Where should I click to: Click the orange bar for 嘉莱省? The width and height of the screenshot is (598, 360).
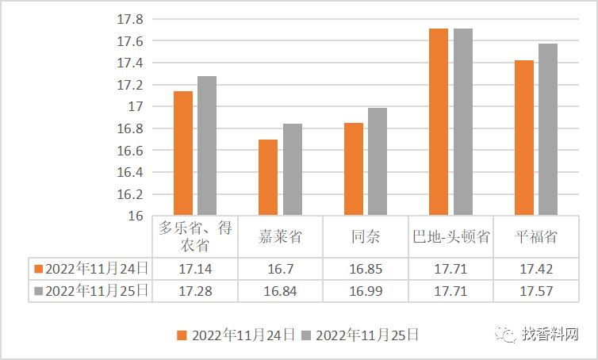pos(268,178)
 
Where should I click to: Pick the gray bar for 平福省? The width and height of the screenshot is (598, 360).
pos(548,129)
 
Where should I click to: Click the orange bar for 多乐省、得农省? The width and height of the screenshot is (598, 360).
pos(183,154)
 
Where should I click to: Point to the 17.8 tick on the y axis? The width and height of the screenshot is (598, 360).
pos(132,18)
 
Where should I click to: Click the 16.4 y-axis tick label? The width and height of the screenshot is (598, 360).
pos(132,172)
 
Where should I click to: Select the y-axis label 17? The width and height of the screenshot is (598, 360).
pos(136,106)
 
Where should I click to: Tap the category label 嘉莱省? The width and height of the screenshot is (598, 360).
pos(280,237)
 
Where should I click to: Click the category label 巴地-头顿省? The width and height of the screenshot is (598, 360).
pos(450,237)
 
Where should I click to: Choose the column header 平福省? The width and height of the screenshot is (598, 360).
pos(536,237)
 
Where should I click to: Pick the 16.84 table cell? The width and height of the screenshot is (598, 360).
pos(280,291)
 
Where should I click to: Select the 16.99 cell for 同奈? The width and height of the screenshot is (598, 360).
pos(366,291)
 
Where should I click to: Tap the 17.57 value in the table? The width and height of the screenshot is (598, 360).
pos(536,291)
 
